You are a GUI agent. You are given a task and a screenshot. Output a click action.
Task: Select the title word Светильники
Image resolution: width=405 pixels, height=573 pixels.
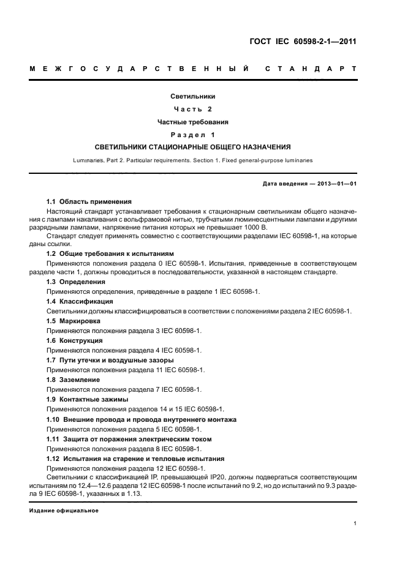click(193, 96)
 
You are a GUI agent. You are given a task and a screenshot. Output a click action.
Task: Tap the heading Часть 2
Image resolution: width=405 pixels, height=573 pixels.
click(193, 109)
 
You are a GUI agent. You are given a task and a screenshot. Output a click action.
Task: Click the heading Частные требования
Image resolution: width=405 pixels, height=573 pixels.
click(193, 122)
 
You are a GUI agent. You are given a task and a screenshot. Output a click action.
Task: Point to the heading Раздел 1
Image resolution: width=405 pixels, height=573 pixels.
click(193, 135)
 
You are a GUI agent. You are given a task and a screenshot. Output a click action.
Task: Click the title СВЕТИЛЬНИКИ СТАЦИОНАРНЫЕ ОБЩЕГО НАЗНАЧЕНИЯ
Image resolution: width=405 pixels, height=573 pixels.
click(193, 148)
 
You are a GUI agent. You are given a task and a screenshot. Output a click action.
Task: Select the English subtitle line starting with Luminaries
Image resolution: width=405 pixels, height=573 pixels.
click(193, 160)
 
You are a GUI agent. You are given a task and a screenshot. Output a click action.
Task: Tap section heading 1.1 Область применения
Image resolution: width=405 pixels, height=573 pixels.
click(89, 201)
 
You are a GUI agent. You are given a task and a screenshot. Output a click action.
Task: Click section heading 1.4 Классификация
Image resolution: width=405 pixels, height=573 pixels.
click(80, 301)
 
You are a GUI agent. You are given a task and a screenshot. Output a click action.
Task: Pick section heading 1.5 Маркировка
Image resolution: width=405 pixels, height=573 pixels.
click(74, 321)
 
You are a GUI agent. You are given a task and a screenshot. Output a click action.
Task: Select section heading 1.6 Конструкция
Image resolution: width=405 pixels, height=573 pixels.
click(75, 340)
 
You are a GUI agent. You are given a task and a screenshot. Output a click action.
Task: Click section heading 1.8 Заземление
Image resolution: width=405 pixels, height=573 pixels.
click(74, 380)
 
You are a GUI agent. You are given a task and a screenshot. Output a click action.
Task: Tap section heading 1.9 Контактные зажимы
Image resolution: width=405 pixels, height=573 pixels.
click(88, 399)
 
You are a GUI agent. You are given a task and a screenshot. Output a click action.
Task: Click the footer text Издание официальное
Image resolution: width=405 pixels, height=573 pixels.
click(64, 511)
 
